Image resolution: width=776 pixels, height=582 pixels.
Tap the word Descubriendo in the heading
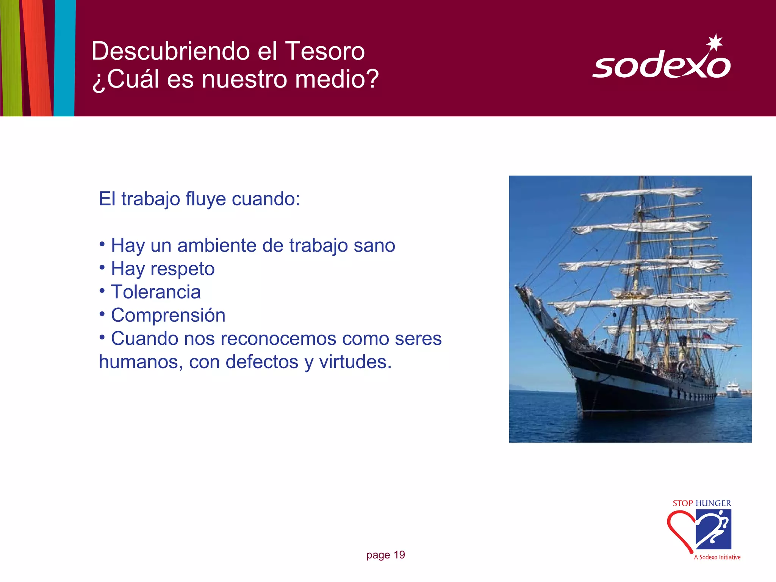pos(171,51)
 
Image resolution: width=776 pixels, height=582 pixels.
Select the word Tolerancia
pos(156,292)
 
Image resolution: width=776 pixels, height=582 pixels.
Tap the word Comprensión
pos(168,315)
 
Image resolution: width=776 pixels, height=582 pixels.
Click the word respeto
pos(182,269)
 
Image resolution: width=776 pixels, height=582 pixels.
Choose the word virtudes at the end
pos(355,362)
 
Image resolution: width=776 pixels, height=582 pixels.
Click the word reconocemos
pos(278,339)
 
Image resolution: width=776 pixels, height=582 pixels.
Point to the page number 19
pos(399,555)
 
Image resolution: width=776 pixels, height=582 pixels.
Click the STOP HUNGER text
pos(702,503)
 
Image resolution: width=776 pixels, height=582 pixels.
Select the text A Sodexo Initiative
pos(717,557)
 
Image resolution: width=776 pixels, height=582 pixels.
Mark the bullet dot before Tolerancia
pos(102,291)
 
